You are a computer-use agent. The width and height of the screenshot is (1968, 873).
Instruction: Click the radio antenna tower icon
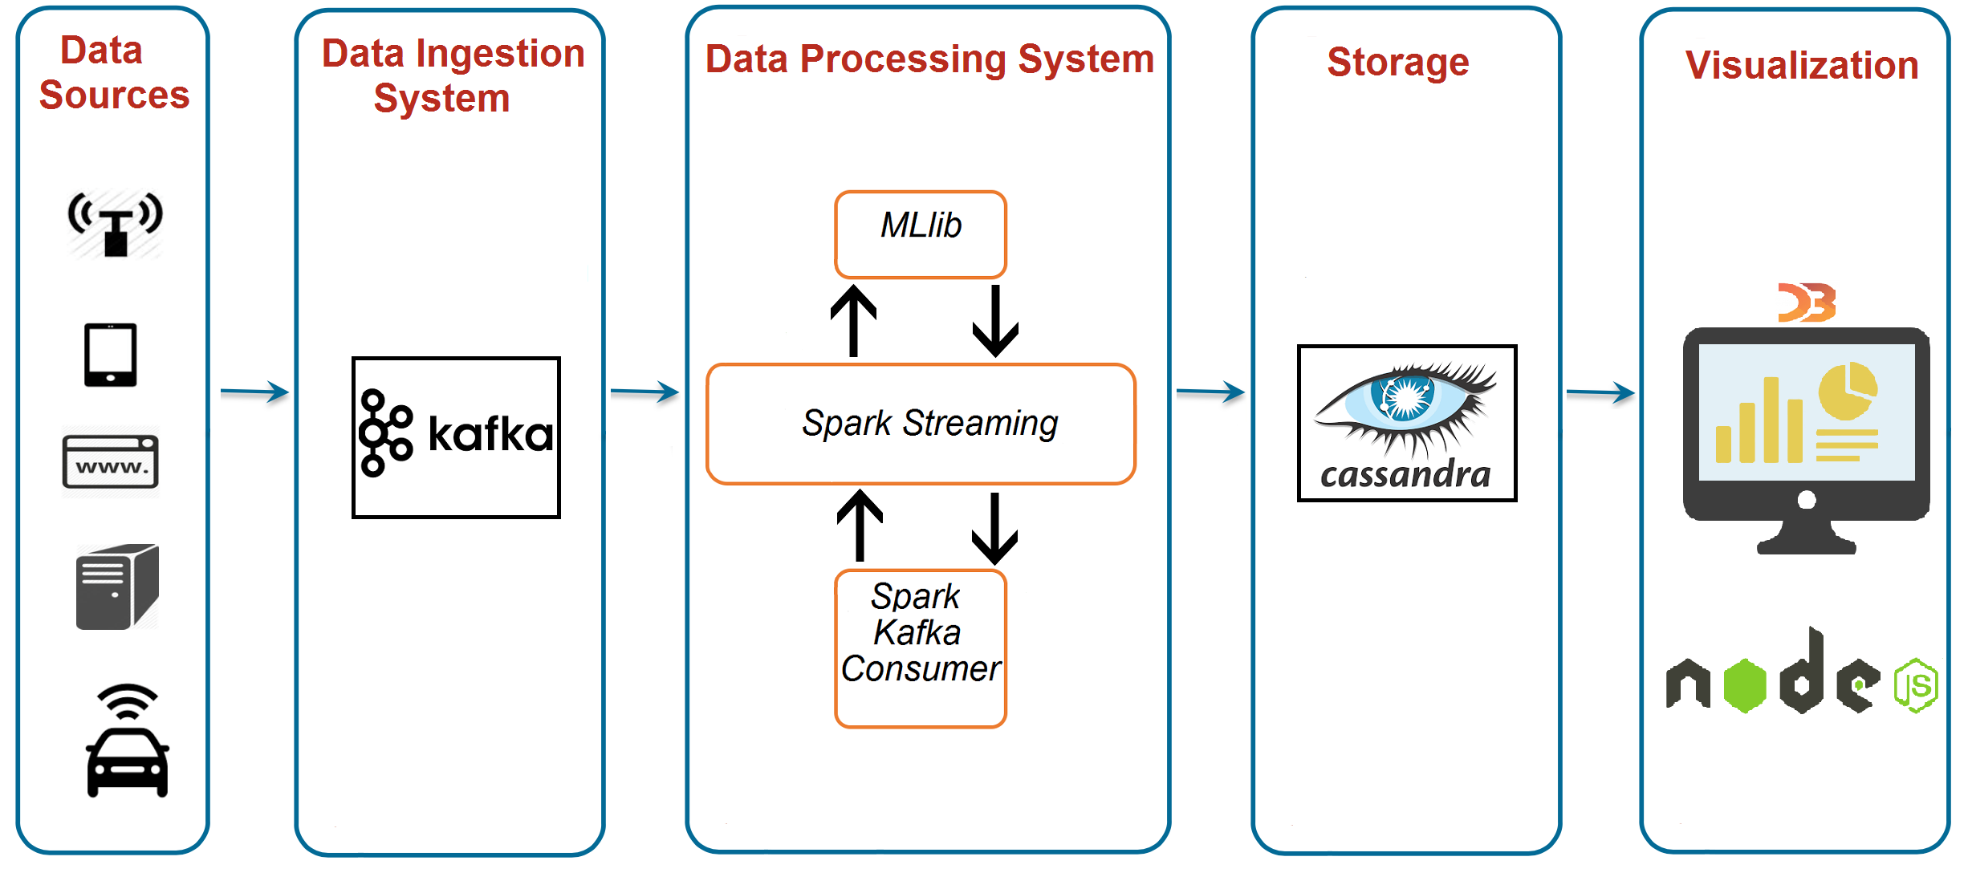pyautogui.click(x=116, y=224)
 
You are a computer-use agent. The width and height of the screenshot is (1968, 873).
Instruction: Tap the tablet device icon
pyautogui.click(x=111, y=355)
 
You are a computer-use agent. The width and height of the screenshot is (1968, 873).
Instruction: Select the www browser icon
pyautogui.click(x=111, y=461)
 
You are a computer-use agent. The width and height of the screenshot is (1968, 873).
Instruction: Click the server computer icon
pyautogui.click(x=116, y=587)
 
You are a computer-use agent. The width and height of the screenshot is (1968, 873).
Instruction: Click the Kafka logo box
pyautogui.click(x=456, y=437)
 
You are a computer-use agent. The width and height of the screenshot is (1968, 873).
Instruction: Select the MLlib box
pyautogui.click(x=921, y=234)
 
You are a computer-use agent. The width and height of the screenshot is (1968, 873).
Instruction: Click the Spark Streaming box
pyautogui.click(x=921, y=424)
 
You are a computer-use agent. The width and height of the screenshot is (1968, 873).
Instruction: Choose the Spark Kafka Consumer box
pyautogui.click(x=921, y=648)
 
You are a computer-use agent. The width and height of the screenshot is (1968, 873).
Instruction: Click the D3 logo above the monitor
pyautogui.click(x=1807, y=303)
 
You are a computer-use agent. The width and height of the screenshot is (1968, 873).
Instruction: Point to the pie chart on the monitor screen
pyautogui.click(x=1848, y=391)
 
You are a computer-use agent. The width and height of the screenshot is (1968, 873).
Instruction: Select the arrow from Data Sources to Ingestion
pyautogui.click(x=254, y=392)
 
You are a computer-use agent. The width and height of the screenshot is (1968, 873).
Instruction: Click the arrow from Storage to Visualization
pyautogui.click(x=1600, y=392)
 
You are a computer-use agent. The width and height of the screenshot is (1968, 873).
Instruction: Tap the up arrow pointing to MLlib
pyautogui.click(x=853, y=321)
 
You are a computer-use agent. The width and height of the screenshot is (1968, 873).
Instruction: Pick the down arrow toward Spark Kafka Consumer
pyautogui.click(x=995, y=528)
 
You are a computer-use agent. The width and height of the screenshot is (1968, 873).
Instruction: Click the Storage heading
pyautogui.click(x=1398, y=63)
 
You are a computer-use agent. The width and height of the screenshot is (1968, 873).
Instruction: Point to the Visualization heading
pyautogui.click(x=1802, y=66)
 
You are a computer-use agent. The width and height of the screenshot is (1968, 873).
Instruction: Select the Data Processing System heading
pyautogui.click(x=929, y=59)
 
